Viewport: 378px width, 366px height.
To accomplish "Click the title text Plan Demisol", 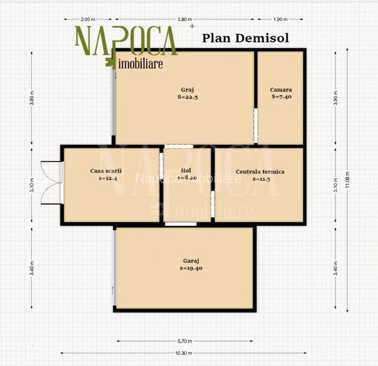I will pyautogui.click(x=246, y=37).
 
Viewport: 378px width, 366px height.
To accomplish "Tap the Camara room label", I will pyautogui.click(x=281, y=90).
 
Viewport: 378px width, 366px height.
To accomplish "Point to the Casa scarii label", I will pyautogui.click(x=106, y=171).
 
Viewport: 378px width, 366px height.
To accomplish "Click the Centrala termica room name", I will pyautogui.click(x=260, y=172).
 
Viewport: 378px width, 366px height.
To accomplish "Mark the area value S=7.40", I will pyautogui.click(x=281, y=97).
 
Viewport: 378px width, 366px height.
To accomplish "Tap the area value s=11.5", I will pyautogui.click(x=260, y=179).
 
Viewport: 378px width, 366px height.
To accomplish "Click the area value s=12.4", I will pyautogui.click(x=107, y=178).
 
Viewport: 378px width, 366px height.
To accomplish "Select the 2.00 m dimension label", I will pyautogui.click(x=89, y=19).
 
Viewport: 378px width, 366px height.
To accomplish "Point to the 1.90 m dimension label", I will pyautogui.click(x=282, y=19).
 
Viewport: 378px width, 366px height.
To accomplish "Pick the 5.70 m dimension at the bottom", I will pyautogui.click(x=184, y=341).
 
